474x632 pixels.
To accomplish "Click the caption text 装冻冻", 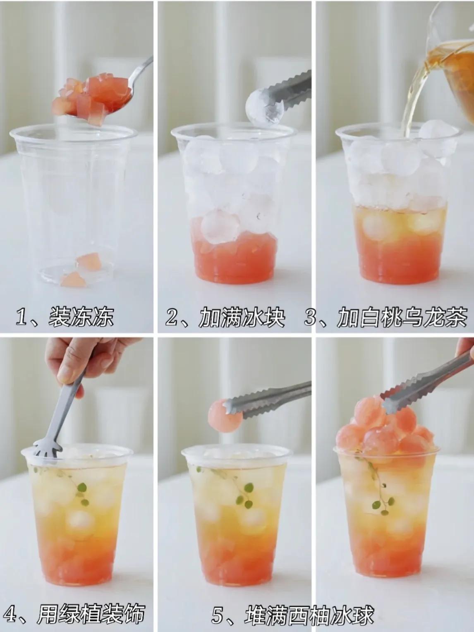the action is point(81,317).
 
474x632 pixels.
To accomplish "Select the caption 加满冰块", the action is point(242,317).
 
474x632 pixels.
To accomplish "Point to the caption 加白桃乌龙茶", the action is point(402,317).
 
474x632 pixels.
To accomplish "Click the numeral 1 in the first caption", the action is point(21,317).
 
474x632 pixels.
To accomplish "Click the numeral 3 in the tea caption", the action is point(310,317).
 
